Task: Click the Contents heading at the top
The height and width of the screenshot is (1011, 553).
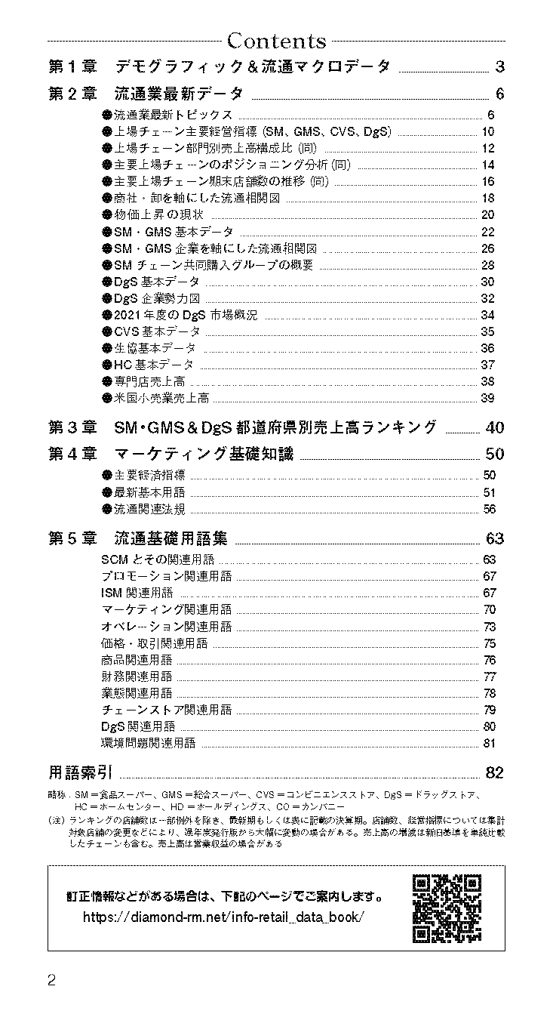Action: coord(276,40)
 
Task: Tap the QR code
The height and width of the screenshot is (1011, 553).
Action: coord(447,908)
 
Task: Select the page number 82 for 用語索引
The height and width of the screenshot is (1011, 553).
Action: coord(495,772)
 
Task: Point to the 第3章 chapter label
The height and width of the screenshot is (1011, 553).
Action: coord(72,427)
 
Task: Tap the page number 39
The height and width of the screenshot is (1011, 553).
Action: coord(487,398)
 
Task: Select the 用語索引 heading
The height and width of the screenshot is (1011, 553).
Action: coord(80,772)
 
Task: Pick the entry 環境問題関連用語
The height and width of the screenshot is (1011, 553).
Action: coord(149,743)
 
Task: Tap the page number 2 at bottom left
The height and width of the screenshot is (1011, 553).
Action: coord(52,981)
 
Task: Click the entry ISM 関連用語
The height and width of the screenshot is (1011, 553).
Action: coord(137,593)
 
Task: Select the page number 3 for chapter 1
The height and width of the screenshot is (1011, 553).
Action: coord(499,66)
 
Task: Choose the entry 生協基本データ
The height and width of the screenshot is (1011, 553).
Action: coord(155,348)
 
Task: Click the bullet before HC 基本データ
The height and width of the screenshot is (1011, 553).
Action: coord(106,365)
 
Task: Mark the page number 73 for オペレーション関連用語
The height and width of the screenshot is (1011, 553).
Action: coord(489,627)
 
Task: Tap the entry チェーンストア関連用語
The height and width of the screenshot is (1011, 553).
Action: coord(167,710)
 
